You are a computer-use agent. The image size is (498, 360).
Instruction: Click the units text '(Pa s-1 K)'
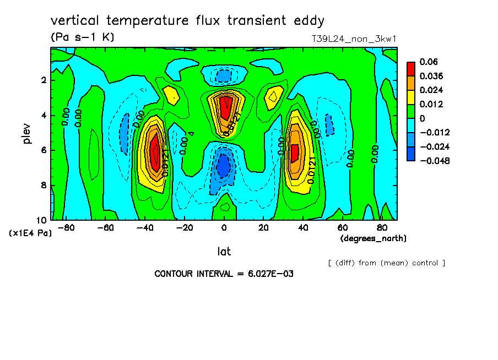point(82,37)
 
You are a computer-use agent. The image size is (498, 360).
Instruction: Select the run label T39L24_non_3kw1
point(354,39)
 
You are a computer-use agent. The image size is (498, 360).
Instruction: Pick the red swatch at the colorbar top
point(411,68)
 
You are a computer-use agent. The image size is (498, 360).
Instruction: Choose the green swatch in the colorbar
point(411,111)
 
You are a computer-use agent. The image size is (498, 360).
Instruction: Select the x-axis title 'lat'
point(224,252)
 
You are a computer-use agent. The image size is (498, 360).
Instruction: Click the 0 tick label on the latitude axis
point(224,228)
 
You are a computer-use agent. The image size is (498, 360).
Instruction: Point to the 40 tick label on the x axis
point(302,228)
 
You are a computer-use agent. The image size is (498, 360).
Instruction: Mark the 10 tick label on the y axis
point(42,220)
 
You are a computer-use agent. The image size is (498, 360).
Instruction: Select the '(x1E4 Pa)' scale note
point(31,233)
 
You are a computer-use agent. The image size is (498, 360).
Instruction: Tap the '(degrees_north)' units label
point(373,238)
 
